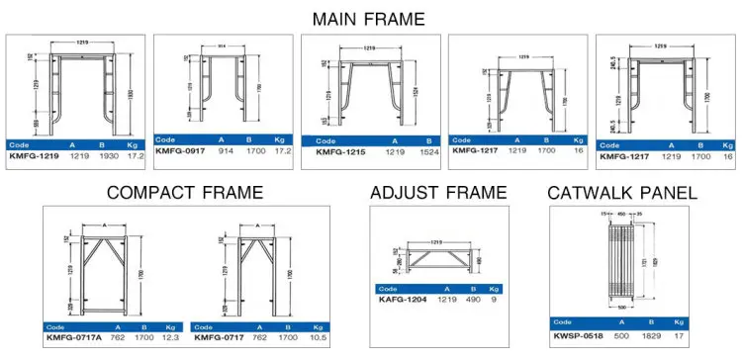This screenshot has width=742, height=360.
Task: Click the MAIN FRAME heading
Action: coord(370,19)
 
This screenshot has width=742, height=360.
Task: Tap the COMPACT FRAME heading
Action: coord(185,192)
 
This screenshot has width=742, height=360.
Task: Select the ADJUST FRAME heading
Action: coord(437,192)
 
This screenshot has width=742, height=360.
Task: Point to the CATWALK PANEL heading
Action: coord(621,192)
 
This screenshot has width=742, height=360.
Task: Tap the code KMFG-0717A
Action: coord(74,337)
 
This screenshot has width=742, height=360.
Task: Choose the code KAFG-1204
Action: coord(403,300)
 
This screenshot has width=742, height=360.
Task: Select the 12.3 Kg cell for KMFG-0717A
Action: coord(169,337)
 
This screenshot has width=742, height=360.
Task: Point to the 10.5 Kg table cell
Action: coord(318,337)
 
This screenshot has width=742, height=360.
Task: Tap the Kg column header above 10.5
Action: coord(318,325)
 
